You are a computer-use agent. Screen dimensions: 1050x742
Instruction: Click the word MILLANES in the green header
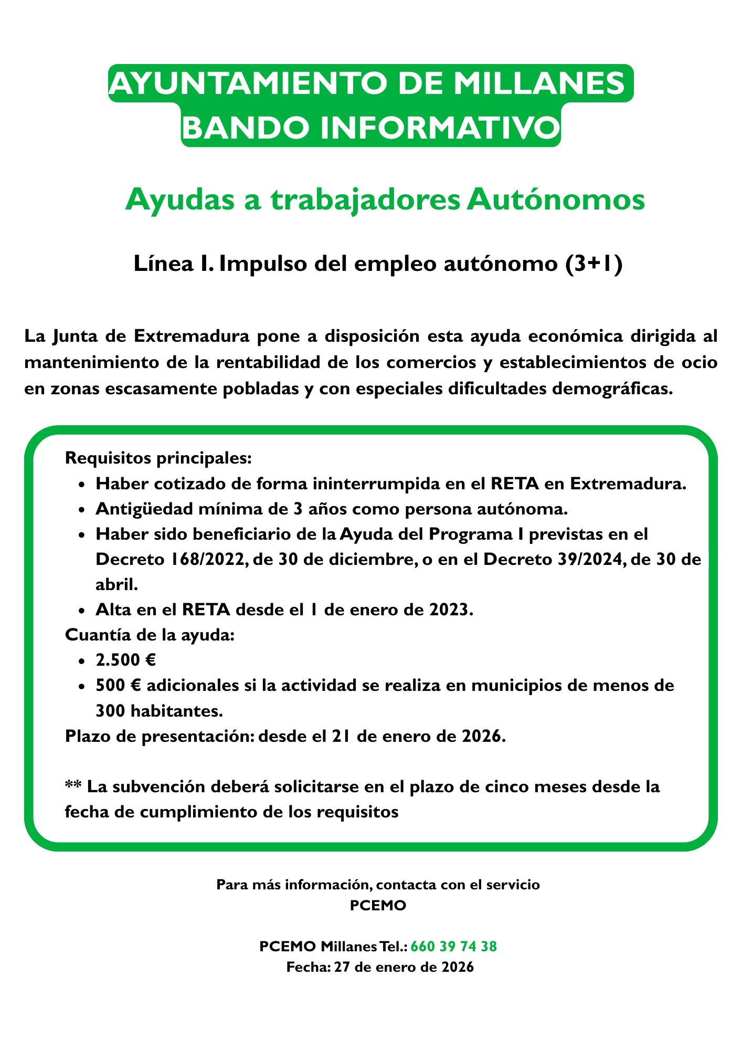pyautogui.click(x=539, y=83)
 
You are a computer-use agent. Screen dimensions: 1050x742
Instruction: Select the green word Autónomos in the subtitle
pyautogui.click(x=556, y=199)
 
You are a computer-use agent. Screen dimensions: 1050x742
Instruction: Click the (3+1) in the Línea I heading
pyautogui.click(x=595, y=264)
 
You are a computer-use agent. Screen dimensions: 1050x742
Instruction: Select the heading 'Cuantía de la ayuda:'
pyautogui.click(x=150, y=635)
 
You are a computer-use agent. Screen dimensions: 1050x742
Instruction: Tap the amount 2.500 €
pyautogui.click(x=126, y=660)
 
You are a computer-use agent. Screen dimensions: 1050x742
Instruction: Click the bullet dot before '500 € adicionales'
pyautogui.click(x=81, y=687)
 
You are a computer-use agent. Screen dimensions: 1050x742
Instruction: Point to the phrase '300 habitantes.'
pyautogui.click(x=160, y=711)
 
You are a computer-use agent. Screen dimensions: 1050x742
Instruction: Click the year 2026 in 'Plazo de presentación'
pyautogui.click(x=481, y=736)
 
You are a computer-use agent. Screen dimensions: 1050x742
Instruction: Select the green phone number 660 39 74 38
pyautogui.click(x=453, y=947)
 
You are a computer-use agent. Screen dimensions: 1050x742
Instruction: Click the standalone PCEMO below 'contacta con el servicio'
pyautogui.click(x=378, y=906)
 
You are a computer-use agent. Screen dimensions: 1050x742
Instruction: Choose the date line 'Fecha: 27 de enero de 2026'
pyautogui.click(x=380, y=967)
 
